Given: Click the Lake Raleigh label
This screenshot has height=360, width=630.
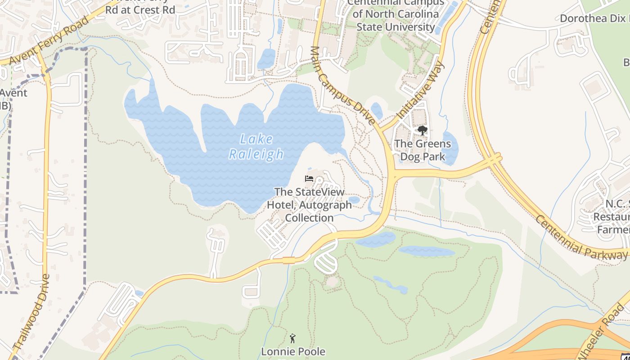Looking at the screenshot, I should pos(256,147).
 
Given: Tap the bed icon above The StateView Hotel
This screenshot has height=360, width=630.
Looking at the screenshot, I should pos(309,179).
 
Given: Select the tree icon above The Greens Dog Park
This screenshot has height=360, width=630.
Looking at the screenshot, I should pos(422,130).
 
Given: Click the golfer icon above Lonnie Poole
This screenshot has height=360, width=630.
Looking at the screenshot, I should pos(293,338).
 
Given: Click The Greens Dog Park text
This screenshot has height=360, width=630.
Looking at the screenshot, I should pos(423,150).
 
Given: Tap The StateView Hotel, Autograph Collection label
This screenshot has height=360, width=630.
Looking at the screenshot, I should pos(310,205).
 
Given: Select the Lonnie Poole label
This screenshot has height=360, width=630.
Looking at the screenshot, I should pos(293,351).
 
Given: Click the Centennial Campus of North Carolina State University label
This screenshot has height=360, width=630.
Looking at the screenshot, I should pos(396,14).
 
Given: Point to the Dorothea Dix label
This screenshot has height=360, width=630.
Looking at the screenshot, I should pos(594,18).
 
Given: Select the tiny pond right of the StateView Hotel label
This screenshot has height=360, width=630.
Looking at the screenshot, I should pos(354,199).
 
